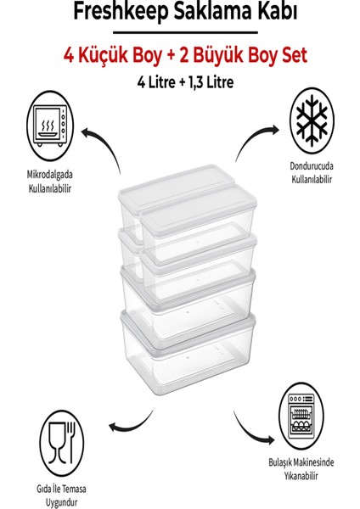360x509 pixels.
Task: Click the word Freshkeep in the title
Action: point(121,12)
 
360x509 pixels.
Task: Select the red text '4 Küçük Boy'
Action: point(112,55)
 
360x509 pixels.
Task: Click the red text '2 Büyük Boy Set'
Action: point(243,55)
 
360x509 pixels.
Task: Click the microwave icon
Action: point(50,126)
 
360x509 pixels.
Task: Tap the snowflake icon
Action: point(312,120)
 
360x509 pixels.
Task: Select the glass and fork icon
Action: point(61,443)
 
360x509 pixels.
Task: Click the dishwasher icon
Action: point(301,416)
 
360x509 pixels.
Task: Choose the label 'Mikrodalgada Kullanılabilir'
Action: point(50,182)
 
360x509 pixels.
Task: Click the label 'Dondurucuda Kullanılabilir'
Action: point(312,172)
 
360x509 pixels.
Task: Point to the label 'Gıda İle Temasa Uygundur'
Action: point(61,495)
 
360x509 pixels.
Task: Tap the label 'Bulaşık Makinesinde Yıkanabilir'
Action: point(301,469)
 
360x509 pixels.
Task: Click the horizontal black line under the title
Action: point(185,32)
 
